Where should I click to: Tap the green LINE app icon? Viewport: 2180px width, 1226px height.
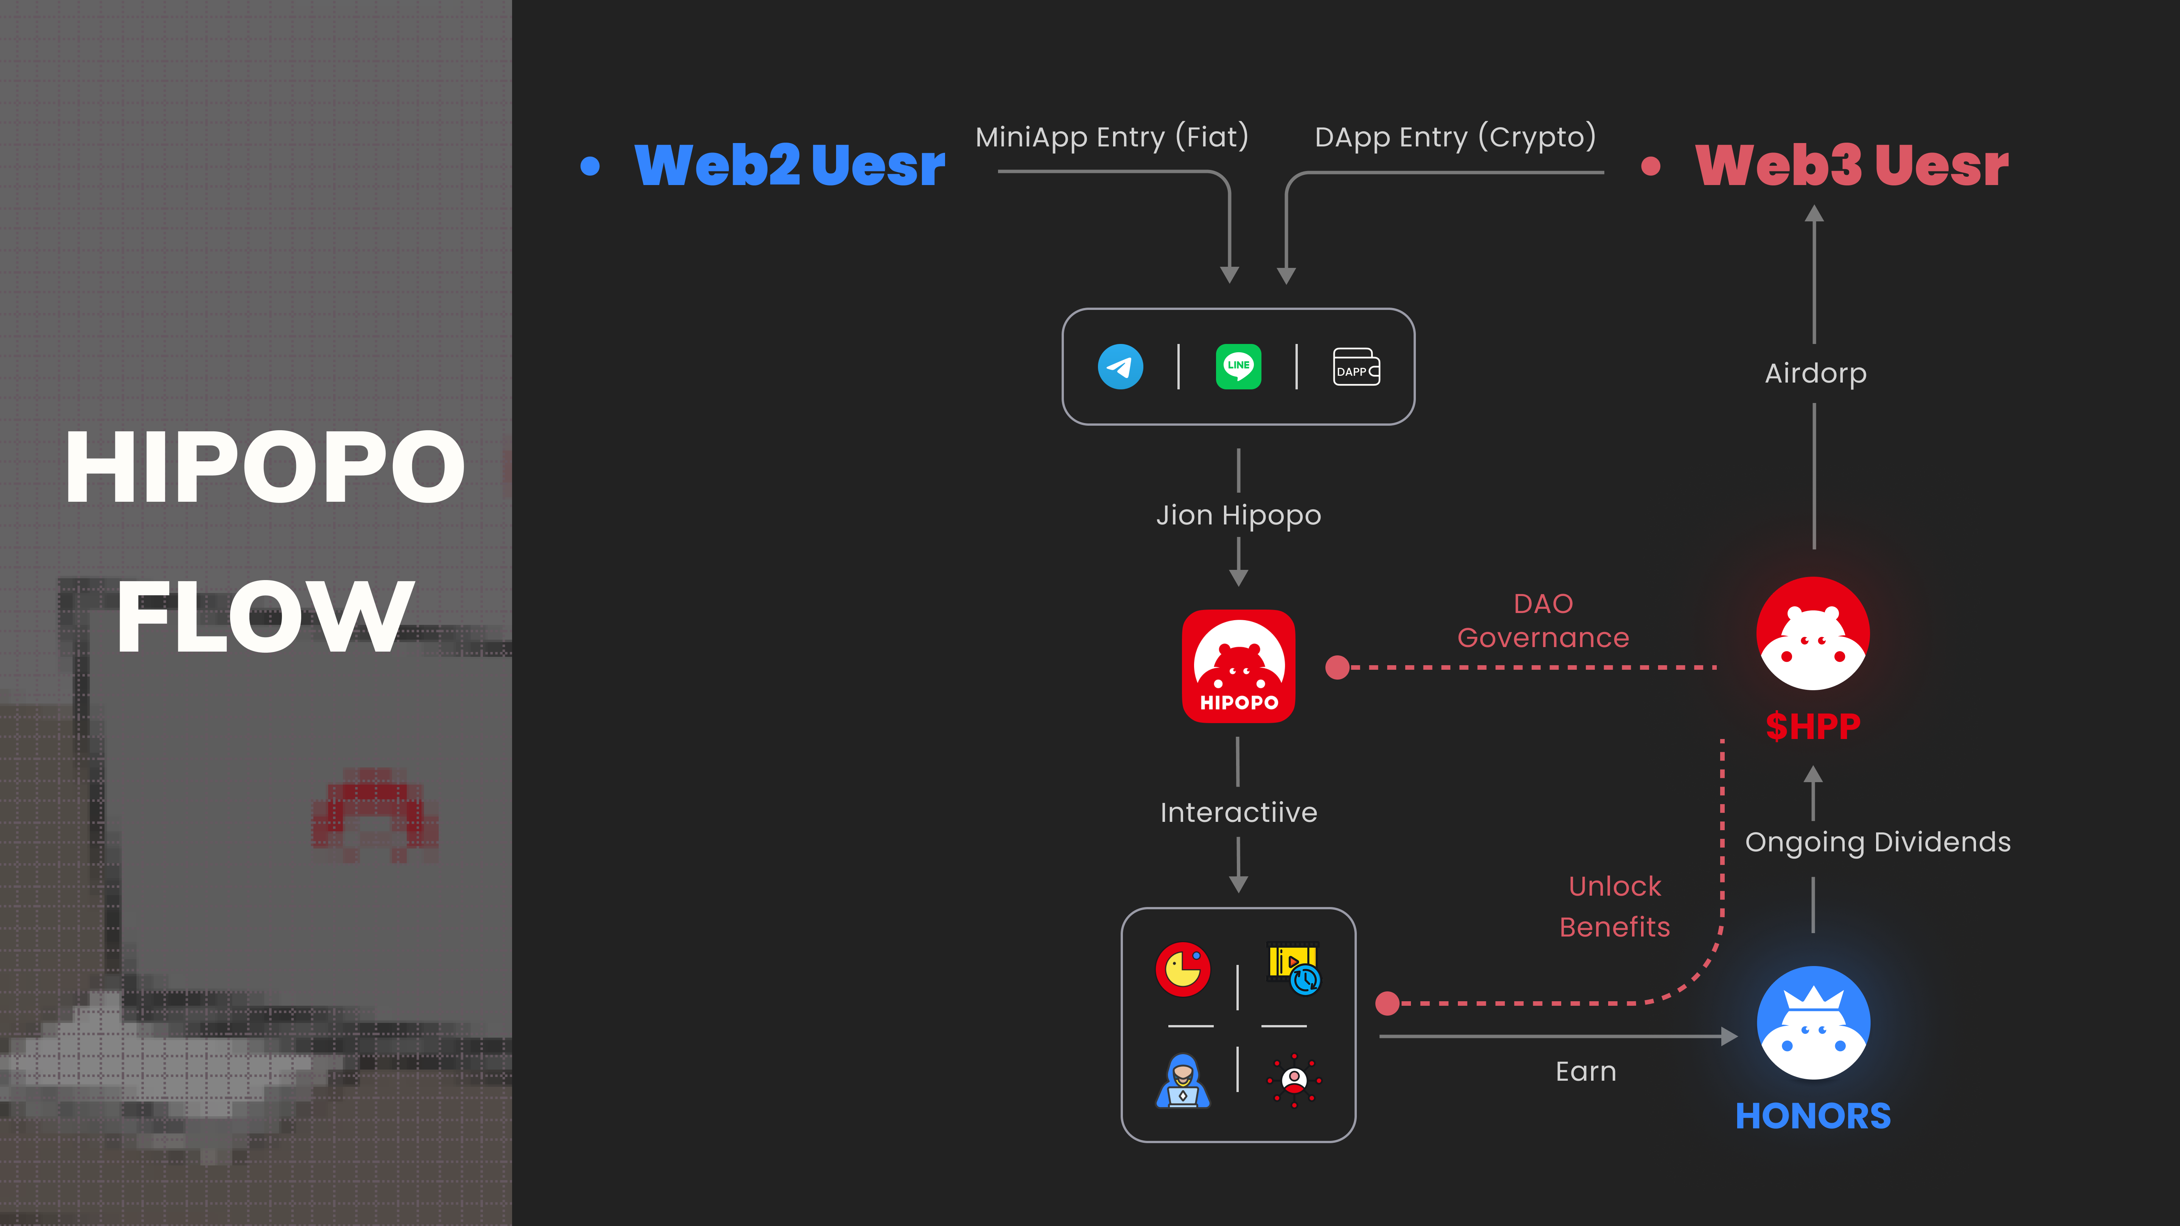click(1238, 366)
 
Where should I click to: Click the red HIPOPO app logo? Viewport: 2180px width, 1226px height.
click(1238, 666)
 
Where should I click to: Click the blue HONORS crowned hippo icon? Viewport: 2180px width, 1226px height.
click(1813, 1022)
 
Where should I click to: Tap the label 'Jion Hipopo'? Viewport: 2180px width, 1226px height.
click(1238, 515)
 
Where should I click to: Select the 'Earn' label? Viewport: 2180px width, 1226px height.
click(1585, 1071)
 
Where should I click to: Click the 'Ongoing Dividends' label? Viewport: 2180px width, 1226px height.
click(1877, 842)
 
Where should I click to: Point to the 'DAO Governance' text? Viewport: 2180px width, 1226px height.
click(1543, 620)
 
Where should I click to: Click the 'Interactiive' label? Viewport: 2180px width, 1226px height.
click(1238, 812)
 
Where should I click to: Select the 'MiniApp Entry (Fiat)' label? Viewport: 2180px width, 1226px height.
click(1111, 137)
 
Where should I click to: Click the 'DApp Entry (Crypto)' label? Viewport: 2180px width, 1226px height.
click(1455, 137)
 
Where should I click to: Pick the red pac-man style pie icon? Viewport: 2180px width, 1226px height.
click(1182, 969)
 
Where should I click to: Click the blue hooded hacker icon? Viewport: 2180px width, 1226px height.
click(1182, 1080)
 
